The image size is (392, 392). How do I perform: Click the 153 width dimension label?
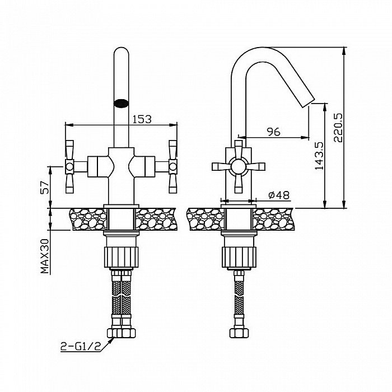point(142,119)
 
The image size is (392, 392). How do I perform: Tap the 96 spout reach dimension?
point(274,132)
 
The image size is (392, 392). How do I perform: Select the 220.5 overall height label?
point(338,128)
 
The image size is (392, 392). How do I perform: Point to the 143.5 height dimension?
point(319,156)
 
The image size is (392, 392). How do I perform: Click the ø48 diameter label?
point(279,195)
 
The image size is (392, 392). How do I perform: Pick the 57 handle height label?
point(45,188)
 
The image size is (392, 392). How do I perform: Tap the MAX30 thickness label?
point(45,256)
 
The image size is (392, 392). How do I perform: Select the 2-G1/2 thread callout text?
point(81,346)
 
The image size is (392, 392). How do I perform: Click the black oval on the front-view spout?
point(121,103)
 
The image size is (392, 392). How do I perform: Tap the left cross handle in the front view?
point(69,166)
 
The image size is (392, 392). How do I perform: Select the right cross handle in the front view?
point(173,166)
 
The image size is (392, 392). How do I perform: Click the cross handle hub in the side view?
point(238,166)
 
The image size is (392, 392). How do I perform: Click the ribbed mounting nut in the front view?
point(121,257)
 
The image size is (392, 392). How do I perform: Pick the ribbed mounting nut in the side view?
point(239,257)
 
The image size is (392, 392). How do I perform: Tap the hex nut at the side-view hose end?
point(239,333)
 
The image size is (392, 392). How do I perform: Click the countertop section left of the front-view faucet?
point(88,220)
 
